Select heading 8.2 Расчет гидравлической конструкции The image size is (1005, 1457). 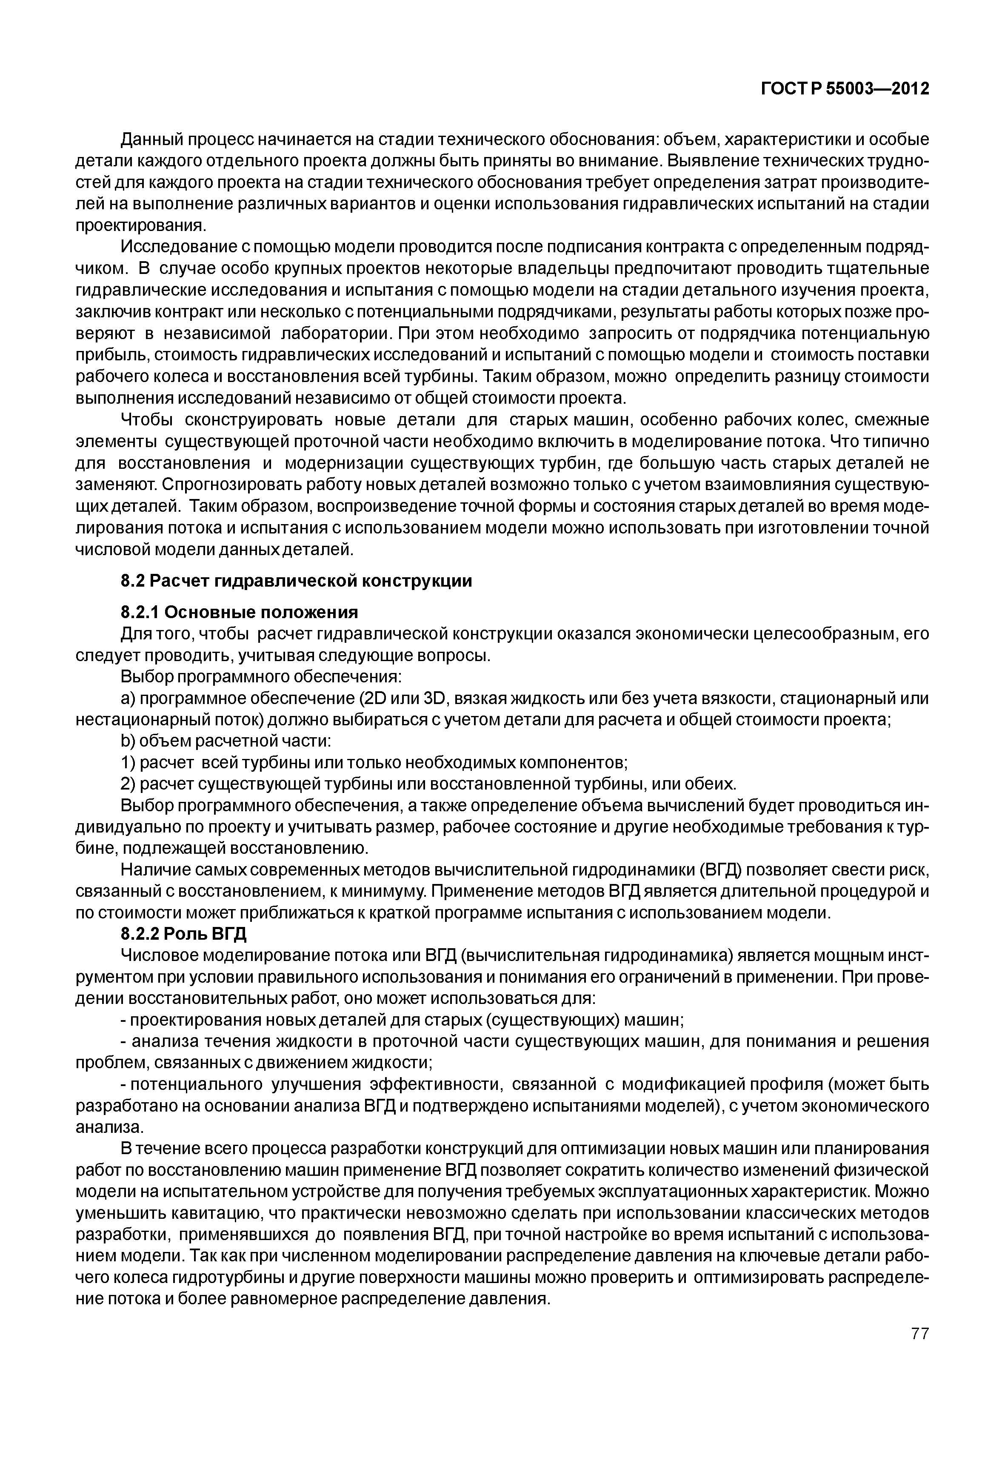click(x=296, y=581)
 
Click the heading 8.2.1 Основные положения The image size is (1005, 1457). click(x=239, y=612)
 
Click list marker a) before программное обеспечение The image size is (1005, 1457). click(x=127, y=699)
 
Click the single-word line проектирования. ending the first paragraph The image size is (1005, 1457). click(x=140, y=225)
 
